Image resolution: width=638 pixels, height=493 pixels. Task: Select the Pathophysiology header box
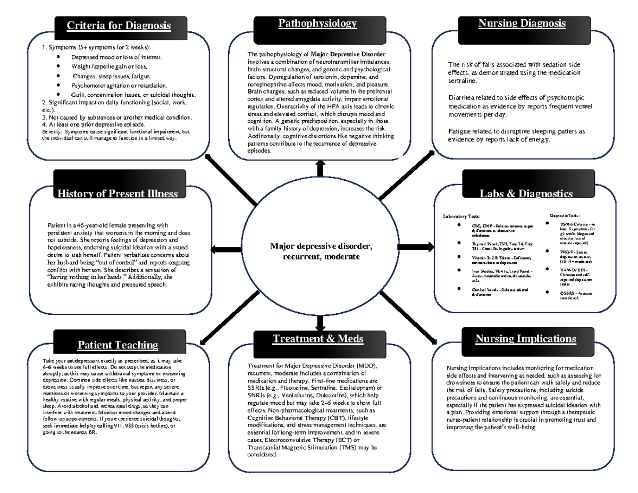317,23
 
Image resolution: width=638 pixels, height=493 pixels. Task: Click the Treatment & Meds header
318,339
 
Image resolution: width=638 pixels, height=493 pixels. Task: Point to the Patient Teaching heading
117,345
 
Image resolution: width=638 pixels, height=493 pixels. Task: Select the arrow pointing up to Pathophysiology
320,167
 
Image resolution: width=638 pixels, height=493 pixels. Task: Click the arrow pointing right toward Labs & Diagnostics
408,247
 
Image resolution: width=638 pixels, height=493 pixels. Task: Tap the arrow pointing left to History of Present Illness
227,249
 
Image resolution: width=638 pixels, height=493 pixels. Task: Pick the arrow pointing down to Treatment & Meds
320,322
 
